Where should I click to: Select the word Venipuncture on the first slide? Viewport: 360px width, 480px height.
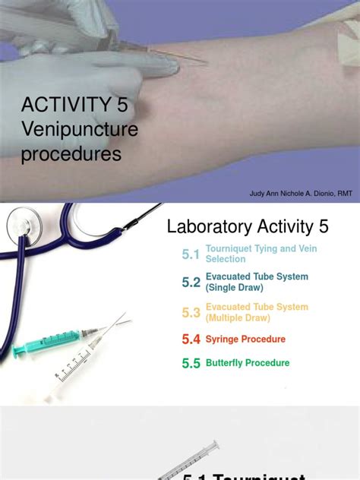(x=80, y=131)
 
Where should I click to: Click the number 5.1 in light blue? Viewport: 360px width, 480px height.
(x=191, y=254)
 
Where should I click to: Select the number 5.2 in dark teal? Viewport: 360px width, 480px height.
(x=191, y=283)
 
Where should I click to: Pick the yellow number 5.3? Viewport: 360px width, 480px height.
(x=191, y=312)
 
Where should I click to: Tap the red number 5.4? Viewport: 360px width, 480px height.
(x=191, y=339)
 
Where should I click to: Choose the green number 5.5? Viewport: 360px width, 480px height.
(x=191, y=363)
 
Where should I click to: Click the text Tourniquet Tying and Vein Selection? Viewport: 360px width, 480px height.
(x=250, y=254)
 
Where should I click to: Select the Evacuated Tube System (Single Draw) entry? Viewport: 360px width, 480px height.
(x=257, y=282)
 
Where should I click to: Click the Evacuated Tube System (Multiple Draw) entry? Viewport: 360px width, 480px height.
(x=257, y=311)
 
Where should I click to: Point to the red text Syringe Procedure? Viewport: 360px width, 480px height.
(x=245, y=339)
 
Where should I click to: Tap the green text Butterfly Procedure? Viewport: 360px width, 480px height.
(x=248, y=363)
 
